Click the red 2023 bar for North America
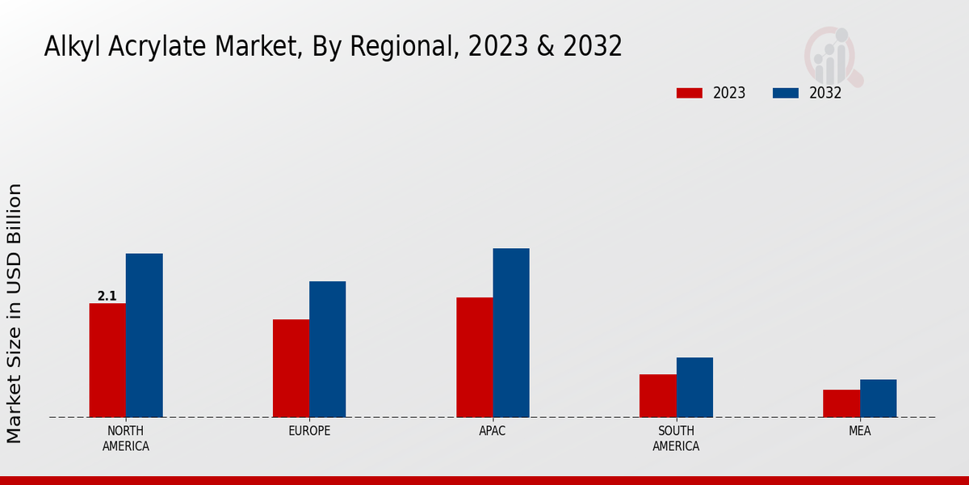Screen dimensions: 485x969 pos(107,361)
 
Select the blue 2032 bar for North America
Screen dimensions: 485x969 pos(144,335)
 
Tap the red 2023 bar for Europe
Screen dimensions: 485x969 pos(291,369)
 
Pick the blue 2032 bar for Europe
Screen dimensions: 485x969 pos(327,349)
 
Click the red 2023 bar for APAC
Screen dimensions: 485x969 pos(474,357)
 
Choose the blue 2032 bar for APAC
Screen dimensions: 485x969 pos(511,333)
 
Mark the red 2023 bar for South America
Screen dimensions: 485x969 pos(657,396)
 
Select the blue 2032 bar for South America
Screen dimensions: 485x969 pos(694,387)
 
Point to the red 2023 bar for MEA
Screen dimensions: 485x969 pos(841,403)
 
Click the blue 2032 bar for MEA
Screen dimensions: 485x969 pos(878,399)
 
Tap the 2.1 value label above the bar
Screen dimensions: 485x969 pos(107,297)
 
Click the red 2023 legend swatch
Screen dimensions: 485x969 pos(689,93)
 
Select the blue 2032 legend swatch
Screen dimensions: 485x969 pos(785,93)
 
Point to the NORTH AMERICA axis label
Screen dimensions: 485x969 pos(126,438)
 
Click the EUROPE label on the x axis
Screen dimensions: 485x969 pos(309,431)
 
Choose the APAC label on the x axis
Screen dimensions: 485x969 pos(493,431)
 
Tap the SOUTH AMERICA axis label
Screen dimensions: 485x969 pos(676,438)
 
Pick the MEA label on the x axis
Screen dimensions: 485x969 pos(860,431)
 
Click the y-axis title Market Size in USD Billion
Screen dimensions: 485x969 pos(15,313)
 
